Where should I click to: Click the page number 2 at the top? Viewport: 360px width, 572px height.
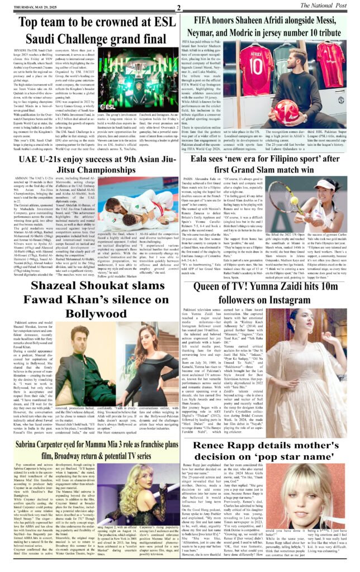click(178, 7)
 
